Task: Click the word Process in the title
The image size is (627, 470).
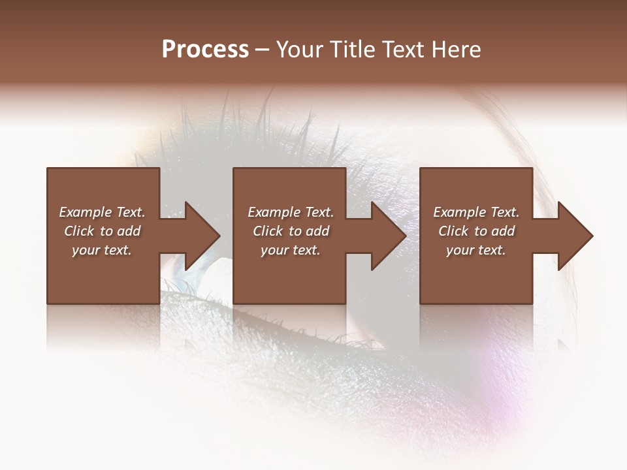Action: point(205,50)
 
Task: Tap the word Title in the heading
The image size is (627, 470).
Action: point(353,50)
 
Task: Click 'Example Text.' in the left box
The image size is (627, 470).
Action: point(102,212)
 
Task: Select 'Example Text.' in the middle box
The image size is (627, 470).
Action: point(290,212)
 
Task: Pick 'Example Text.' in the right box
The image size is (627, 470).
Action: point(476,212)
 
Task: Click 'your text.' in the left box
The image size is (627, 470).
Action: point(102,250)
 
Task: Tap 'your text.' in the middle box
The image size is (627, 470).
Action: point(290,250)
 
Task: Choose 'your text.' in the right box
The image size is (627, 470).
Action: point(476,250)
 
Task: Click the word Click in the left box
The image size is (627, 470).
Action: point(79,231)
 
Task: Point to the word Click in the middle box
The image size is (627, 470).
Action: point(268,231)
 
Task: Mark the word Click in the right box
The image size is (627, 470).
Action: point(453,231)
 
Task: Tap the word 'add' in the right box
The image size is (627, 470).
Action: point(504,231)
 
